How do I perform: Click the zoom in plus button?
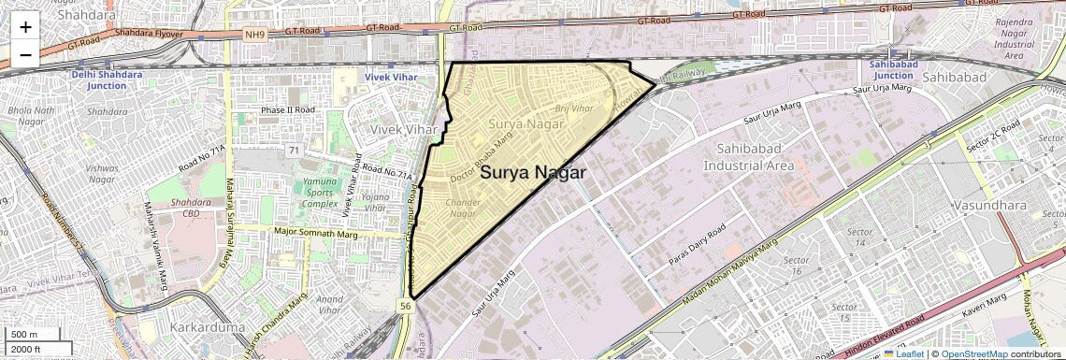click(x=25, y=26)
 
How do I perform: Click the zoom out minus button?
click(x=25, y=54)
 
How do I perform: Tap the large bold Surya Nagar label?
click(x=533, y=173)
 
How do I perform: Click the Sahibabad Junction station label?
click(x=891, y=69)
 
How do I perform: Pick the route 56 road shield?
click(x=405, y=306)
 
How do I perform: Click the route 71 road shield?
click(x=294, y=151)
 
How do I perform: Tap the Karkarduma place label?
click(x=208, y=328)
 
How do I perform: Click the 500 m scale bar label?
click(x=24, y=335)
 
